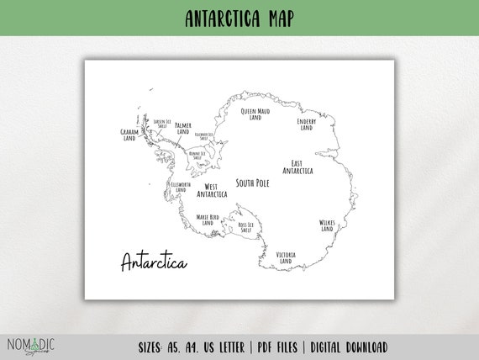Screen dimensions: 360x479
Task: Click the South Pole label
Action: point(253,183)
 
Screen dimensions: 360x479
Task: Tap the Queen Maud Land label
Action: point(255,114)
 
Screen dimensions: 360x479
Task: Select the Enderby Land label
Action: point(306,124)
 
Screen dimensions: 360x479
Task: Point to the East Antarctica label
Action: point(297,167)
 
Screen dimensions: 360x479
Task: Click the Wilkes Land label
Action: point(327,225)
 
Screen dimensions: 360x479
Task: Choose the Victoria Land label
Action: point(285,257)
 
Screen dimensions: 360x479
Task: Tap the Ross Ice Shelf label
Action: point(245,227)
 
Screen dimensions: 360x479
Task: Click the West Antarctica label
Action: point(212,190)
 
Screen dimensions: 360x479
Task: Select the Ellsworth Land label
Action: point(181,186)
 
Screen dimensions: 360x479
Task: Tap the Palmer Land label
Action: point(183,129)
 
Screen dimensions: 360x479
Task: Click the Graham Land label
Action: point(129,135)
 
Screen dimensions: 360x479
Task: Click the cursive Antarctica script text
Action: point(154,262)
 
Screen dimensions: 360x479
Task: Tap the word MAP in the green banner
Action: point(277,18)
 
